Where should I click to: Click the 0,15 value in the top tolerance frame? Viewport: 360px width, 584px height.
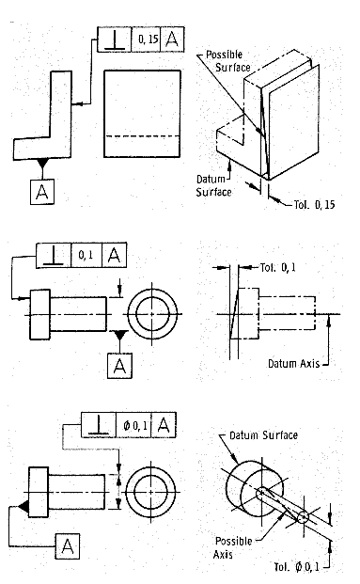(x=149, y=39)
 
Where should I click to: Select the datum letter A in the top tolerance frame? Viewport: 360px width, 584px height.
(x=172, y=39)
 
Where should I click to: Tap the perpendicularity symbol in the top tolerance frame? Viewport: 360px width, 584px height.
(x=115, y=39)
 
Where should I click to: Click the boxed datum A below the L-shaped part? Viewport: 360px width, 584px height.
(x=42, y=192)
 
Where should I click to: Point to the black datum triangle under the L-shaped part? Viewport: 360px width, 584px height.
(x=42, y=163)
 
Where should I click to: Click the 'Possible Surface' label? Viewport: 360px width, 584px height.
(x=227, y=61)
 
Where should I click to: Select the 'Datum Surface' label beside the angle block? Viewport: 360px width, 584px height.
(x=213, y=185)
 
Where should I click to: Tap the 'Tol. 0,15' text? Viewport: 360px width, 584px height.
(x=314, y=204)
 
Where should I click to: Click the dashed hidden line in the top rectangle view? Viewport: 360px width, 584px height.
(x=142, y=136)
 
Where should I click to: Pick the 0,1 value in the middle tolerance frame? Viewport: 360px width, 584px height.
(x=86, y=255)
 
